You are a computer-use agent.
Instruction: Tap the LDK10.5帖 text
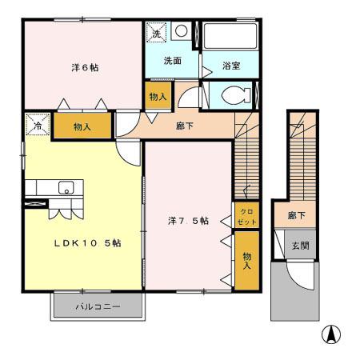tap(87, 243)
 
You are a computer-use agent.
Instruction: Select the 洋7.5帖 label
tap(188, 220)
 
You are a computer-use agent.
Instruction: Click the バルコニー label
tap(98, 306)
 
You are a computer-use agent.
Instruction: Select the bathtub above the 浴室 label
tap(228, 38)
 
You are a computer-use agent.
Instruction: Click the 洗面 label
tap(172, 60)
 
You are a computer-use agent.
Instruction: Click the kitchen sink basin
tap(65, 188)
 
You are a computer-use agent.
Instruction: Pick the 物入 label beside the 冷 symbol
tap(82, 126)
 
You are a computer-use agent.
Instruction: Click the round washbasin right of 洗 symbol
tap(181, 30)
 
